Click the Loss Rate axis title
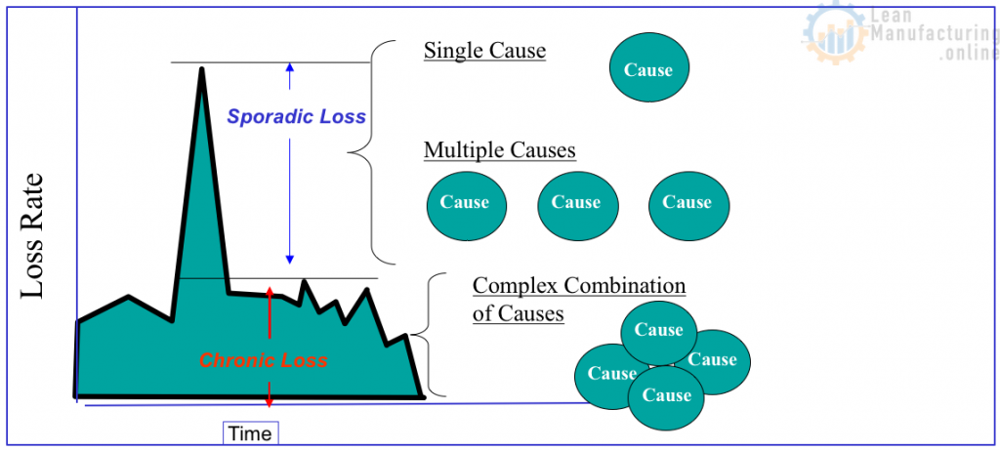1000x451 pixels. (32, 236)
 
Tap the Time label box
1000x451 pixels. (251, 433)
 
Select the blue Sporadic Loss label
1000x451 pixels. (297, 116)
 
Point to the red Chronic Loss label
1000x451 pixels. (264, 361)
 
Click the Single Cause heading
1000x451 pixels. (485, 51)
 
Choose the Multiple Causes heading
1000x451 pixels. (500, 150)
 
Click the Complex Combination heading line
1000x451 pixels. (579, 285)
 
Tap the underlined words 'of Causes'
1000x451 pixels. (519, 314)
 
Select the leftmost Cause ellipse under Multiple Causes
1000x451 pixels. (466, 205)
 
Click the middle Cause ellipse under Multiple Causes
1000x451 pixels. (577, 205)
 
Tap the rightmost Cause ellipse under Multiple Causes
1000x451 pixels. (688, 205)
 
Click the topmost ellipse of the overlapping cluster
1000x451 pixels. (659, 332)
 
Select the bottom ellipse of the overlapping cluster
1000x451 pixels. (666, 398)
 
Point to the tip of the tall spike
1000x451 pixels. (202, 68)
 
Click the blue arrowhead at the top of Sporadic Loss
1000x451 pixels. (289, 67)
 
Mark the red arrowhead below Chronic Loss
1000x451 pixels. (270, 404)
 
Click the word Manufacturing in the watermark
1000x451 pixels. (936, 34)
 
